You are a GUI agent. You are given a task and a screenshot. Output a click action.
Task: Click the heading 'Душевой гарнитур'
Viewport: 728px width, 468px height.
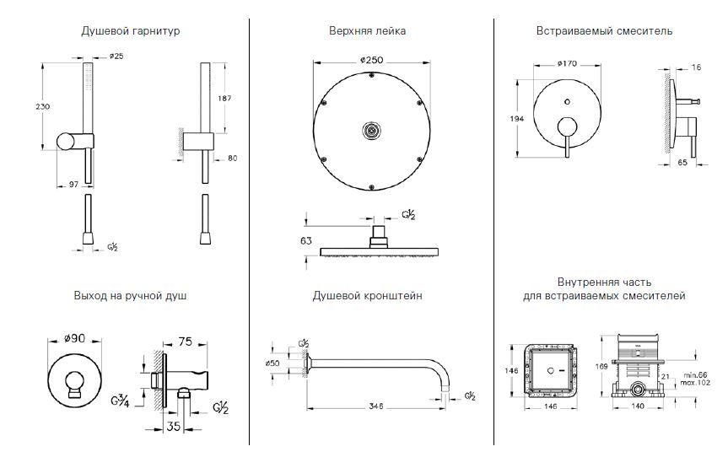pos(131,31)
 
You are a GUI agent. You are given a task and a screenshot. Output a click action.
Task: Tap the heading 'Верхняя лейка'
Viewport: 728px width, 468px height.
pos(367,31)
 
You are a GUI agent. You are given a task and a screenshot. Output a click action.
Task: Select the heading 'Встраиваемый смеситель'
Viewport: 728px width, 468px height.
pos(604,31)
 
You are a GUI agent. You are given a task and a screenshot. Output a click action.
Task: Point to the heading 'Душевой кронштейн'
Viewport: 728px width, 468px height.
pos(367,297)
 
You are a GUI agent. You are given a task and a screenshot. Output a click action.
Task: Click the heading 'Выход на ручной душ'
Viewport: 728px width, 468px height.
pos(131,297)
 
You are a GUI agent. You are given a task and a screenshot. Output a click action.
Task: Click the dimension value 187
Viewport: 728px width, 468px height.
pos(225,100)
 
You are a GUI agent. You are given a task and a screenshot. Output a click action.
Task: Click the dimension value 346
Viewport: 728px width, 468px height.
pos(376,406)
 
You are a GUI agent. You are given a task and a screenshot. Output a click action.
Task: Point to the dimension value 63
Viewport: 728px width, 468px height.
pos(307,240)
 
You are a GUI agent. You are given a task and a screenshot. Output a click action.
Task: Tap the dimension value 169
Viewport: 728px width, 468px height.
pos(590,366)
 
